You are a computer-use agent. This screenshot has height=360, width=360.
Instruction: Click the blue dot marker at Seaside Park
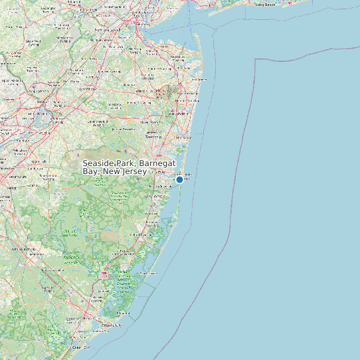(x=179, y=179)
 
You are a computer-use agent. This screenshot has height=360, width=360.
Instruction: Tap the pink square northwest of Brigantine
(x=103, y=274)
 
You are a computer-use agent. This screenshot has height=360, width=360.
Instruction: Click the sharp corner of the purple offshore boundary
(x=256, y=59)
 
